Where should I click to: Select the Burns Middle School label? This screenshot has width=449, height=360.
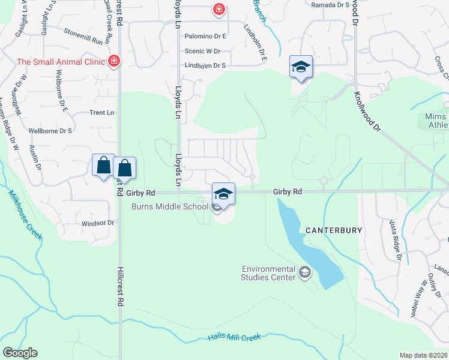tap(170, 207)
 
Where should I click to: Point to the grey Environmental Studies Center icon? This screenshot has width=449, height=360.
tap(305, 273)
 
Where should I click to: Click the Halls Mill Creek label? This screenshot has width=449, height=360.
tap(235, 338)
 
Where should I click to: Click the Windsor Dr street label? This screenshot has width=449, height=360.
tap(97, 223)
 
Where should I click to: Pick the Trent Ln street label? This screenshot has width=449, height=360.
tap(101, 113)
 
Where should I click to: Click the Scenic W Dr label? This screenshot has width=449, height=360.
tap(203, 52)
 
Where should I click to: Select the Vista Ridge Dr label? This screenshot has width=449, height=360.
tap(395, 239)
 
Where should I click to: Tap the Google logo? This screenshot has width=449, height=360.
tap(20, 352)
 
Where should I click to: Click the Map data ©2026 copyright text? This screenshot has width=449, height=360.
tap(423, 355)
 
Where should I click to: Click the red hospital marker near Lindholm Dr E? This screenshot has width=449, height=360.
tap(218, 9)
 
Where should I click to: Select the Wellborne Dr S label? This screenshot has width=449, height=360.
tap(50, 130)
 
